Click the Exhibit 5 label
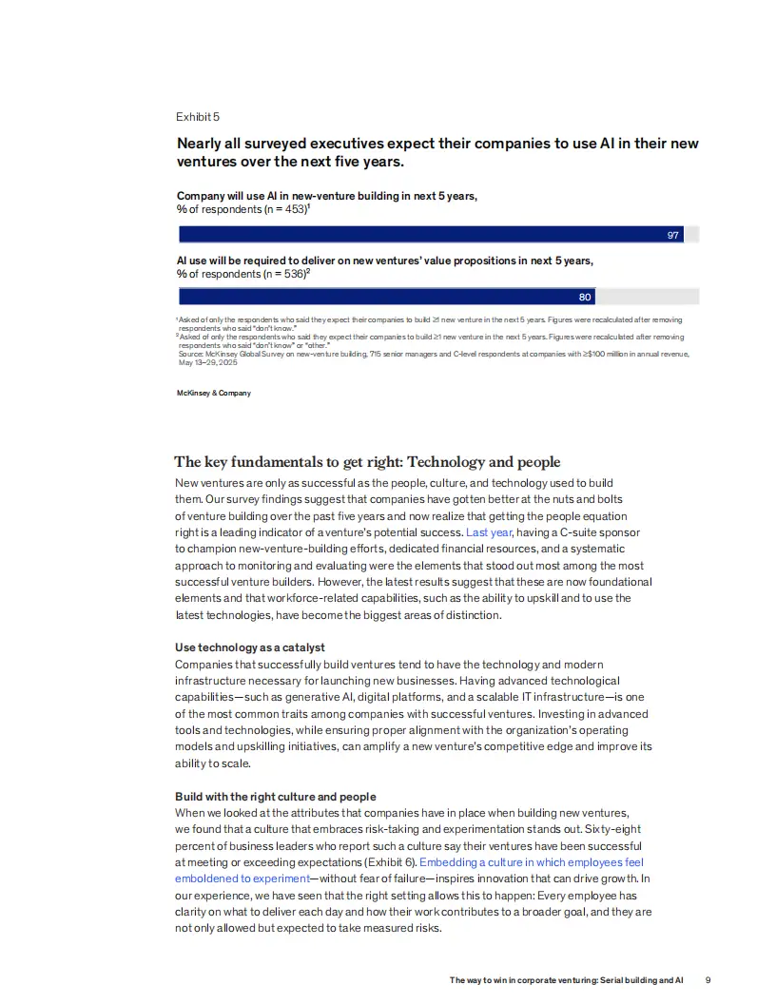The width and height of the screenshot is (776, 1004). point(198,117)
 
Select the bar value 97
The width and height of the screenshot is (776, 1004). point(673,235)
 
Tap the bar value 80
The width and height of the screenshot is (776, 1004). point(585,298)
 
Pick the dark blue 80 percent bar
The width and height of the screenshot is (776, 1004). point(380,297)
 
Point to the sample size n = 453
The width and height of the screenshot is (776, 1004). point(282,209)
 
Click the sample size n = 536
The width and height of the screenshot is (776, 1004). point(282,274)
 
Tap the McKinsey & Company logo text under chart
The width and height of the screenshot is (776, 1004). point(214,393)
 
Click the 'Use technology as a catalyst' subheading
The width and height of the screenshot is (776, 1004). point(250,647)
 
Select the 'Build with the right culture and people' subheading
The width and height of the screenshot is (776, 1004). point(276,797)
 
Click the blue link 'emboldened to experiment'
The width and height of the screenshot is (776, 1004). point(242,878)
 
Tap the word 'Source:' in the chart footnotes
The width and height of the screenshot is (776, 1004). point(191,354)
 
